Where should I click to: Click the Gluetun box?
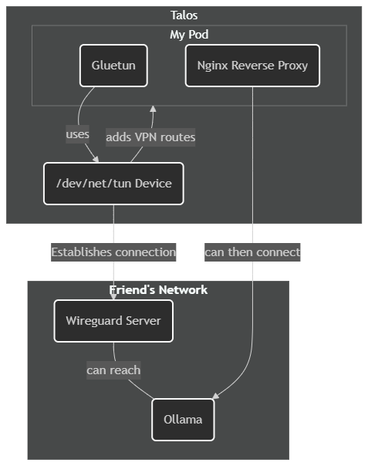point(113,66)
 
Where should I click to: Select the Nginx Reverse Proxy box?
point(252,66)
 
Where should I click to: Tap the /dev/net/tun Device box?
point(113,184)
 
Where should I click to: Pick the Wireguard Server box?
point(113,321)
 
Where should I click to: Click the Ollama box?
point(183,420)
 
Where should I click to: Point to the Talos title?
point(184,15)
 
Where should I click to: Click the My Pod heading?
point(189,35)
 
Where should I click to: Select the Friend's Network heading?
point(158,290)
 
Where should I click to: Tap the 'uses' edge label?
point(78,134)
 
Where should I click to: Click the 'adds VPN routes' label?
point(150,137)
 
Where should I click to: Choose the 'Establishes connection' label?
point(113,252)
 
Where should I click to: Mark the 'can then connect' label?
point(252,252)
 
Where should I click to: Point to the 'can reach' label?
point(113,370)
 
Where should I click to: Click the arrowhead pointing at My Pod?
point(153,109)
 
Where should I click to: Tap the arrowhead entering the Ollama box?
point(215,396)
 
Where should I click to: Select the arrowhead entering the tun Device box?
point(96,159)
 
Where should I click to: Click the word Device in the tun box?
point(153,184)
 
